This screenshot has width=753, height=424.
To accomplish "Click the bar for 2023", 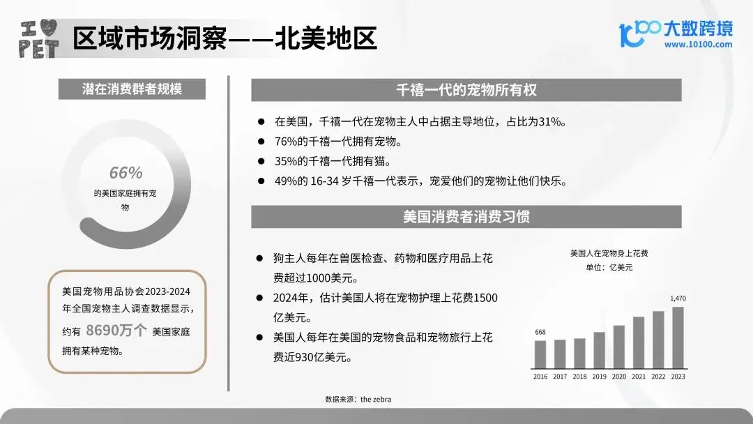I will coord(678,338).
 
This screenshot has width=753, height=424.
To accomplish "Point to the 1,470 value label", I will coord(678,298).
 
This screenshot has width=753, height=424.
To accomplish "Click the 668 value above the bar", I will coord(540,332).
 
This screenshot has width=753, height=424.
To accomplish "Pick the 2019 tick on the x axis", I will coord(600,376).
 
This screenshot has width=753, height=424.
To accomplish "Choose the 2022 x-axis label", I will coord(658,376).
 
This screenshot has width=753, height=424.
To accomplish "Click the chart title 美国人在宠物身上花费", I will coord(609,253).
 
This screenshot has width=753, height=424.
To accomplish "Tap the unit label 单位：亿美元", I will coord(609,267).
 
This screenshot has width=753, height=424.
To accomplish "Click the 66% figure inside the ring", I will coord(125,173).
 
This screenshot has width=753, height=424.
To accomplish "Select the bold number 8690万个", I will coord(116,331).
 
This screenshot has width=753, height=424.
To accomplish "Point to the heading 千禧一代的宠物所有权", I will coord(466,90).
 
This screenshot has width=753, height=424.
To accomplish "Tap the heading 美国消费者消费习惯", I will coord(466,216).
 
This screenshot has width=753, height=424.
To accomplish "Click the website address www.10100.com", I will coord(698,45).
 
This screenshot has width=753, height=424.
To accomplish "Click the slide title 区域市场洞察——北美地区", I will coord(225,38).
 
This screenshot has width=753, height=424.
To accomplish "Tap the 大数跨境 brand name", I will coord(697,29).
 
